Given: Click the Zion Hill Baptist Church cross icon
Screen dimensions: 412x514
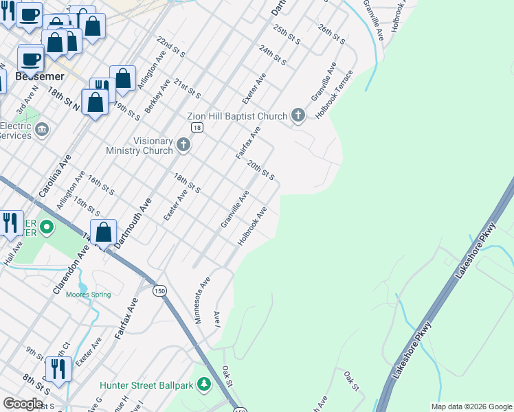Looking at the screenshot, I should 298,115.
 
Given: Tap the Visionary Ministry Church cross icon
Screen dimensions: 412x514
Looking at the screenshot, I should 183,144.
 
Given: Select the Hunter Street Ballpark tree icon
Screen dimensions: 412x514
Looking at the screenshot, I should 203,385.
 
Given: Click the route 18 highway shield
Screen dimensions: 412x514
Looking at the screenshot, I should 197,128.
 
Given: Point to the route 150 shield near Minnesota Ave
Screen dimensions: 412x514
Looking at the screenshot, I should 159,290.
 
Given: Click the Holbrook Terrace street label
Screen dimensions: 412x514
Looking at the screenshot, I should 334,95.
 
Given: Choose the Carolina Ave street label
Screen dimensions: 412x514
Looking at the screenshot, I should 55,176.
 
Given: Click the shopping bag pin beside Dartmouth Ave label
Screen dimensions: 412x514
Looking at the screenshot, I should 104,232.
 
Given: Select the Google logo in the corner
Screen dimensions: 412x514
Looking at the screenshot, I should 23,404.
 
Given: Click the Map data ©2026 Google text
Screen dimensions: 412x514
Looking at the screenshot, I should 471,407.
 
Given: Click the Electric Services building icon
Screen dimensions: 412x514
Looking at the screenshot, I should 41,129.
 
